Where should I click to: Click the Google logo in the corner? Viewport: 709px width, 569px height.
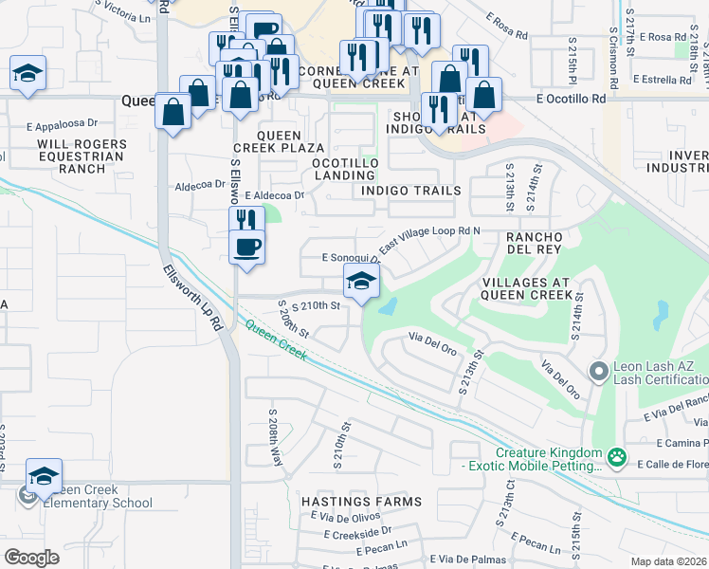(31, 558)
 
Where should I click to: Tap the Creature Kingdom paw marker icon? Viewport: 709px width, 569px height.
(617, 458)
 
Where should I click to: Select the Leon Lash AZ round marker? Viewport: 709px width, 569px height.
(598, 371)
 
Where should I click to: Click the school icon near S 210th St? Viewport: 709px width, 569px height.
(361, 282)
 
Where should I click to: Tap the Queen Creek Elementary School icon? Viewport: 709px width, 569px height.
(44, 476)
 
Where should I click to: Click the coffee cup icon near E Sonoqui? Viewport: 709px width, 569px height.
(246, 248)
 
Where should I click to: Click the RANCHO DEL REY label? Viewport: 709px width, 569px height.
(536, 243)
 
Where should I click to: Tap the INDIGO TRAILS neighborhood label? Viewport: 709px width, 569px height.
(410, 191)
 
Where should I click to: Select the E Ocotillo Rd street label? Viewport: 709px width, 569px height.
(570, 99)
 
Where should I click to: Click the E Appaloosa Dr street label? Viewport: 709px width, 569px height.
(63, 123)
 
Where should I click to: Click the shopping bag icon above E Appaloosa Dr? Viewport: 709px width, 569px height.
(173, 111)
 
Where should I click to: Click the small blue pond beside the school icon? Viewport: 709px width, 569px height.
(388, 307)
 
